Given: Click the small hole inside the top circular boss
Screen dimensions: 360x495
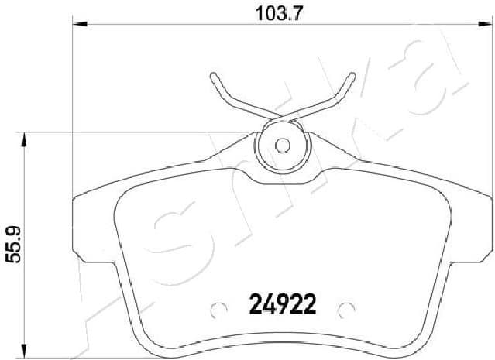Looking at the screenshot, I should pos(282,144).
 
